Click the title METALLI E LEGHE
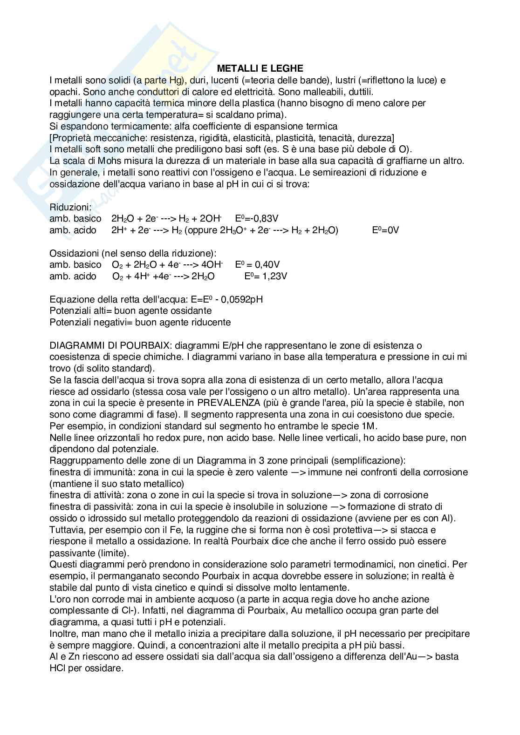(260, 68)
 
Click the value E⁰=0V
(385, 230)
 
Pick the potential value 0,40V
(264, 264)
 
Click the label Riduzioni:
(71, 207)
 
